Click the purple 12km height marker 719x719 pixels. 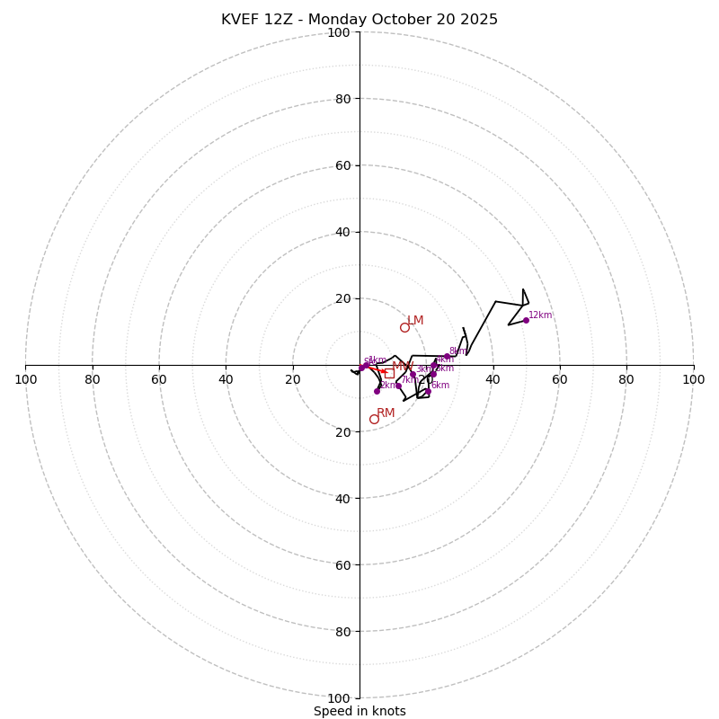coord(526,320)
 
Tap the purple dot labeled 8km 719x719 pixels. coord(447,357)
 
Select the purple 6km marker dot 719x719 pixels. coord(428,391)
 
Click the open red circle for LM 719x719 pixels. coord(404,327)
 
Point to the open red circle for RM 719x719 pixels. coord(374,419)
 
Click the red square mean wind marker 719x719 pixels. coord(389,372)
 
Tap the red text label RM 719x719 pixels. coord(386,413)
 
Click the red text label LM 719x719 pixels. coord(415,321)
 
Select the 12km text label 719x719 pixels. coord(540,315)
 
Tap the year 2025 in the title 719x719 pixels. coord(477,20)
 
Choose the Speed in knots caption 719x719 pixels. coord(359,711)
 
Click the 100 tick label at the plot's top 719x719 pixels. coord(339,32)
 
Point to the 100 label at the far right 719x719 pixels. coord(693,379)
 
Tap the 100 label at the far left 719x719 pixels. coord(25,379)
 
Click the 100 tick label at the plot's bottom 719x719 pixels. coord(339,697)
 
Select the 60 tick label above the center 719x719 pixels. coord(342,165)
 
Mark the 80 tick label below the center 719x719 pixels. coord(342,631)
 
